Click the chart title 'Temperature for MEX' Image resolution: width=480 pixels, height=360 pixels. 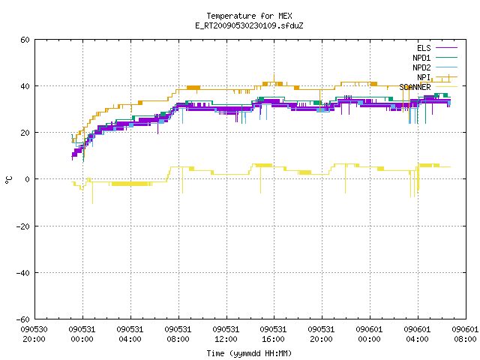pos(249,16)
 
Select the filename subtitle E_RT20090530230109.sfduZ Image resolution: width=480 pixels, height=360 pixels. pos(249,25)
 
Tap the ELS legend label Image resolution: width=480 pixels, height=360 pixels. pos(424,48)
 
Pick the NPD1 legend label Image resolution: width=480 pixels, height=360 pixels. pos(421,58)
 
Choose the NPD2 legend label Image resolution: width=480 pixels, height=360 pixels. pos(421,67)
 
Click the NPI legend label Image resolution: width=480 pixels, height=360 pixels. pos(424,77)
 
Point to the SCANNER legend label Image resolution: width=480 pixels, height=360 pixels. pos(415,87)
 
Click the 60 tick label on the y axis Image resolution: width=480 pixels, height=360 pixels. pos(25,40)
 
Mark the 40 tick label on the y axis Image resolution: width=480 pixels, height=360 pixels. pos(25,86)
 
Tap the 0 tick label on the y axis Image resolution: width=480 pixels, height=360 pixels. pos(28,179)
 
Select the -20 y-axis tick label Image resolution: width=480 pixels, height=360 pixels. pos(23,226)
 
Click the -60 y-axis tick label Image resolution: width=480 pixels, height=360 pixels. pos(23,319)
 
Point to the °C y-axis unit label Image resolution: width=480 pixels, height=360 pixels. pos(8,180)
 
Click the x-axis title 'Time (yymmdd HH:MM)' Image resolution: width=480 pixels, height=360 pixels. pos(249,353)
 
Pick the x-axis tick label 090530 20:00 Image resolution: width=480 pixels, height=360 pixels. pos(34,334)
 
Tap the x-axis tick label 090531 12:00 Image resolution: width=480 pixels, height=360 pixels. pos(226,334)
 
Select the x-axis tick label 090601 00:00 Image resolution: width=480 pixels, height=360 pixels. pos(370,334)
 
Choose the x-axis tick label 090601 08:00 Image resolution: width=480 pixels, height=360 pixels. pos(465,334)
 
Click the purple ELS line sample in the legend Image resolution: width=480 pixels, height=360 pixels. pos(446,48)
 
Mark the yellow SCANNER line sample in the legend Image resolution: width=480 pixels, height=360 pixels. pos(446,87)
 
